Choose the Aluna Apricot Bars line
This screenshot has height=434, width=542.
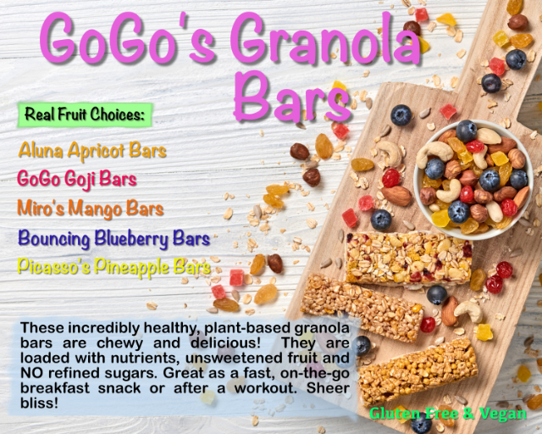point(92,151)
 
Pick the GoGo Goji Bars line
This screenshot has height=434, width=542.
point(77,180)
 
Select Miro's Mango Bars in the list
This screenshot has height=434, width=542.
point(91,209)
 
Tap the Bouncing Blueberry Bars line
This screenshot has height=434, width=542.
point(113,238)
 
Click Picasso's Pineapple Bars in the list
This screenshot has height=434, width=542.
point(114,268)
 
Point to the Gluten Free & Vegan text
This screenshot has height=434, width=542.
point(448,414)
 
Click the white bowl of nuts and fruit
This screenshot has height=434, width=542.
point(473,177)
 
